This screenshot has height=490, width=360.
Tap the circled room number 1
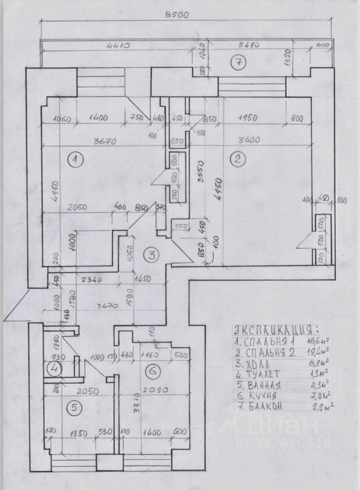tap(75, 160)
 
